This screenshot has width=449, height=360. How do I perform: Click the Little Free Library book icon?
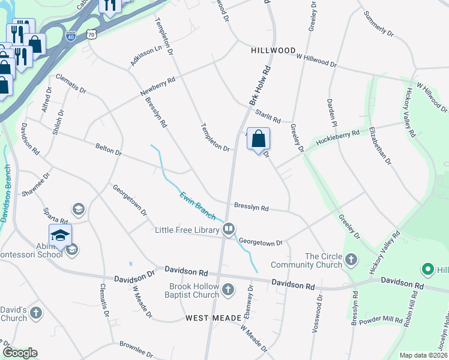point(229,229)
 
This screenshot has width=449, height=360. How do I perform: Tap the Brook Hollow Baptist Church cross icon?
point(228,290)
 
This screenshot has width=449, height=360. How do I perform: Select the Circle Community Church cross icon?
point(351,260)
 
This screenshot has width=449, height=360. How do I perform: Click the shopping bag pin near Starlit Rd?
point(258,139)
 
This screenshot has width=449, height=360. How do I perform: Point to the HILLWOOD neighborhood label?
point(273,51)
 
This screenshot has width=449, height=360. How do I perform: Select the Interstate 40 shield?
point(71,37)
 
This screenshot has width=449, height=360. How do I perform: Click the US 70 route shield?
point(91,35)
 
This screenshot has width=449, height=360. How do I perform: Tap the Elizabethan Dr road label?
point(380,145)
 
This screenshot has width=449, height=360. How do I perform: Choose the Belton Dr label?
point(108,149)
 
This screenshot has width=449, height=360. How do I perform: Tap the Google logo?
point(20,352)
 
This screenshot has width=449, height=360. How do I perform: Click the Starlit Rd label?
point(268,114)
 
